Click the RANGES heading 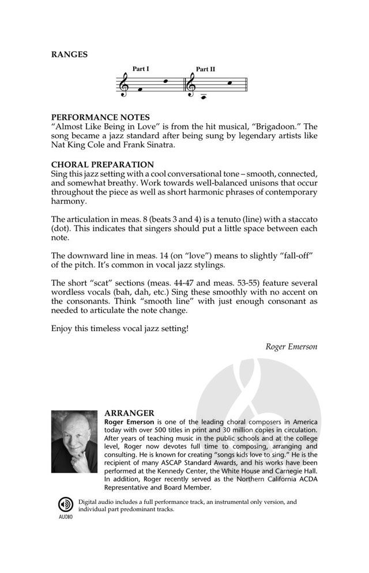point(69,55)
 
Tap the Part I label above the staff point(141,69)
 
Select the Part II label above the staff point(205,69)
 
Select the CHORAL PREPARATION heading point(103,165)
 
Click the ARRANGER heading point(130,413)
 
